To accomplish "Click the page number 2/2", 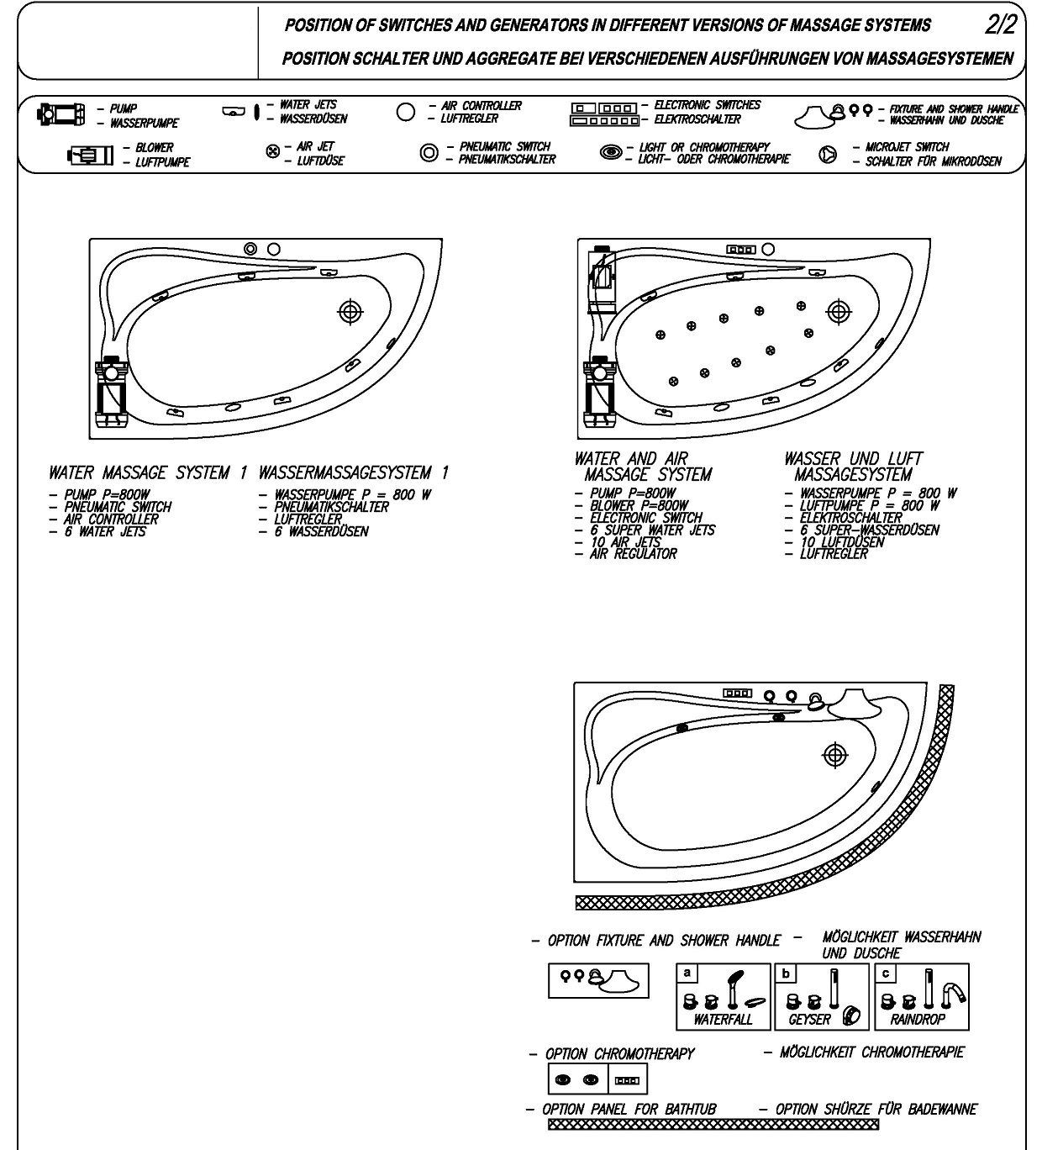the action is [1001, 24].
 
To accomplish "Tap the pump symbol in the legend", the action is [61, 114].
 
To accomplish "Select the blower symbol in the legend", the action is [90, 156].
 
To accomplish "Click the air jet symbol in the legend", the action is [273, 151].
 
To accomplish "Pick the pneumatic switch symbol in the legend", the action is [429, 153].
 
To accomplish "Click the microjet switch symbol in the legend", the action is [828, 154].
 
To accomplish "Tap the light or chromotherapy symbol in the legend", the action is [611, 152].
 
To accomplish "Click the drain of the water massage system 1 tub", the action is [350, 312].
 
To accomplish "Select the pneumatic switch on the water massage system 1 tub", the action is [250, 249].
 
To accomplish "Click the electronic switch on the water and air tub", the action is [741, 250].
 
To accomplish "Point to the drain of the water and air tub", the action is [839, 312].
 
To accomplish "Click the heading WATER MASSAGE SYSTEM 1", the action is [148, 473].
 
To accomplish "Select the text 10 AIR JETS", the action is [625, 541].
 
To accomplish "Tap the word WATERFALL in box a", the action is [723, 1020].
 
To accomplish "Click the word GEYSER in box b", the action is [809, 1020].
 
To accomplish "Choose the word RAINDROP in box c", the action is [918, 1020].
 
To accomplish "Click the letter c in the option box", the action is [886, 973].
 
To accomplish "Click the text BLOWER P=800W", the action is [639, 505].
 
